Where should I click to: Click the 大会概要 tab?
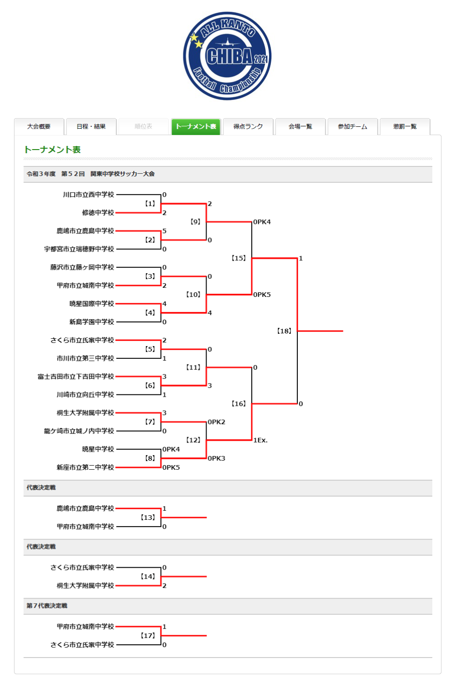coord(39,126)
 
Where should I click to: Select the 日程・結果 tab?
coord(91,126)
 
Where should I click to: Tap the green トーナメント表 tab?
coord(196,126)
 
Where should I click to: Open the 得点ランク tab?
coord(248,126)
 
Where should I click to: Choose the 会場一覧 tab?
coord(301,126)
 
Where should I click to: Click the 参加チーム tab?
coord(353,126)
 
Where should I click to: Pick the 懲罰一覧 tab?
coord(405,126)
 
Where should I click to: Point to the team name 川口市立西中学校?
coord(88,195)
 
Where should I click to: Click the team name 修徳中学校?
coord(98,212)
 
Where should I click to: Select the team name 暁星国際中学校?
coord(92,304)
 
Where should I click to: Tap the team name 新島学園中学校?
coord(92,322)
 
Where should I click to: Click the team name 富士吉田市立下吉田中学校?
coord(76,377)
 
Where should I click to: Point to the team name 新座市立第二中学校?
coord(86,467)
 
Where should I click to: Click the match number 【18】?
coord(284,331)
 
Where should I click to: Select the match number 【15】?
coord(238,258)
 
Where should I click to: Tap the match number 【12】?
coord(193,440)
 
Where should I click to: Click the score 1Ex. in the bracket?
coord(260,440)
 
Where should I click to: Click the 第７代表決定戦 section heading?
coord(47,606)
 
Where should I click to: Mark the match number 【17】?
coord(148,636)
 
